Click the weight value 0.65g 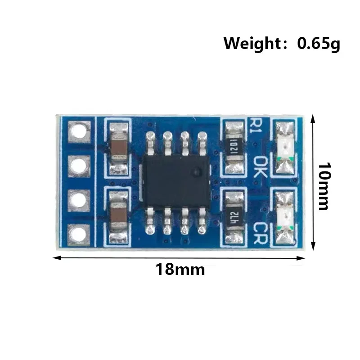(319, 44)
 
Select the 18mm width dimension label (180, 269)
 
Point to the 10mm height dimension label (324, 186)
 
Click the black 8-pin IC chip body (176, 181)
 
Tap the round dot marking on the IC (197, 171)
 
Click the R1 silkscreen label (255, 126)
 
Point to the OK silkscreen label (260, 167)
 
